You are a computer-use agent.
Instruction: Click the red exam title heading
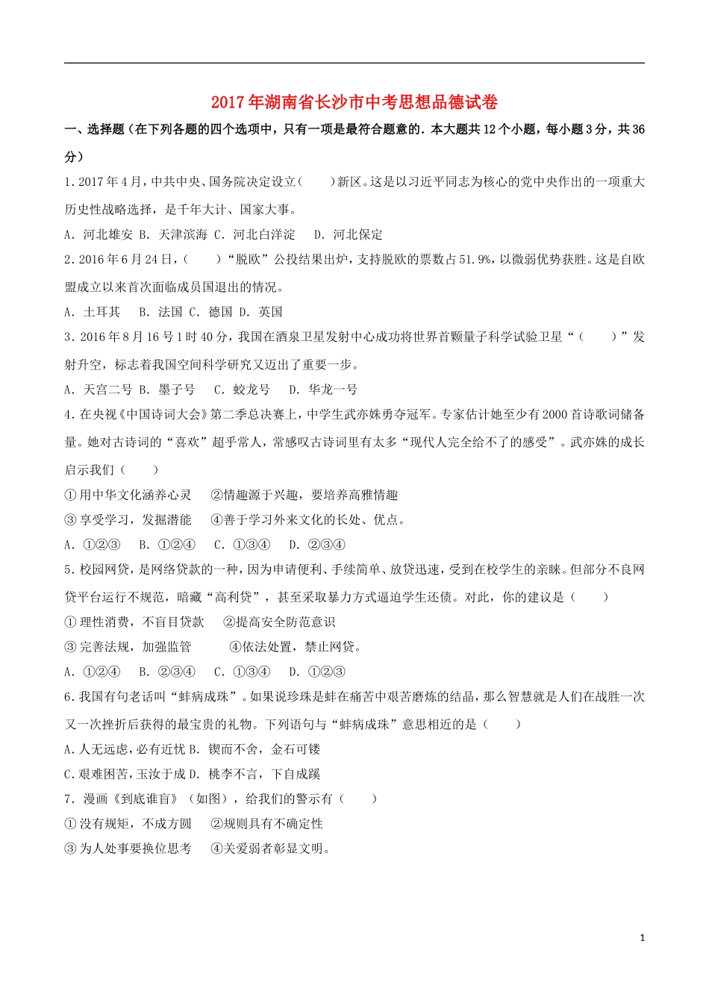354,102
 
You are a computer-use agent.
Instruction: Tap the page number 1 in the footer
643,938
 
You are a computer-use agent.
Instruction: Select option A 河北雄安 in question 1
99,234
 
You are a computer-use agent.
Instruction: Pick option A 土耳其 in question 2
93,312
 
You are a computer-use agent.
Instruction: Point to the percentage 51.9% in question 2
475,260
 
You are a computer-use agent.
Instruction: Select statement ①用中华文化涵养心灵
128,496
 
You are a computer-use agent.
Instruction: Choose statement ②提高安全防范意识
279,622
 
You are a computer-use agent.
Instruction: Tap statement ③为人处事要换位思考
128,849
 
